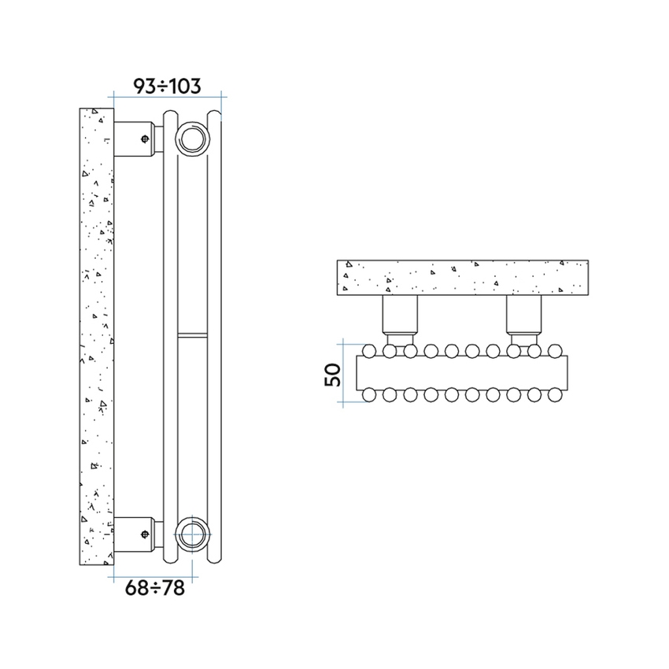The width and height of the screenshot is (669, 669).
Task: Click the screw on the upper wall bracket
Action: coord(145,139)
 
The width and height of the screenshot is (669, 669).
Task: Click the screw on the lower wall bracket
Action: coord(145,535)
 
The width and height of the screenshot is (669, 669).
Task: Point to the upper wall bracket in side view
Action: coord(134,139)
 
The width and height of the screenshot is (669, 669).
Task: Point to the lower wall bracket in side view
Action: coord(134,535)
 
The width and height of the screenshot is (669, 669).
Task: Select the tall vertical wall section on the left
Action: coord(97,337)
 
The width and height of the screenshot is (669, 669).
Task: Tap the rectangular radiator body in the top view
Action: coord(461,372)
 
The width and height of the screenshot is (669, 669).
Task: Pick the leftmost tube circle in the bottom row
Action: coord(371,395)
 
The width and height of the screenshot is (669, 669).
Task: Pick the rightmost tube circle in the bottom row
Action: coord(555,395)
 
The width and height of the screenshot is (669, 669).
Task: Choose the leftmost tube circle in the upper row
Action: coord(371,349)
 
